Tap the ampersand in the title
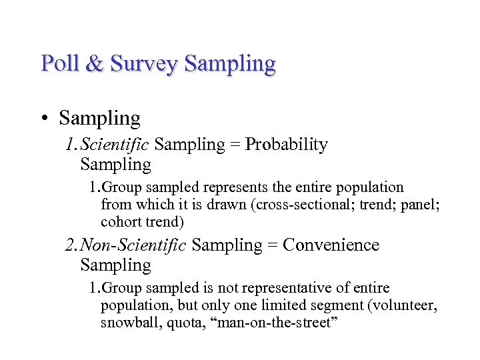(95, 63)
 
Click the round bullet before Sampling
(43, 119)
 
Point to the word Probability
(287, 145)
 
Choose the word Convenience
(331, 245)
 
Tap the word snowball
(127, 323)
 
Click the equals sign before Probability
(235, 145)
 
